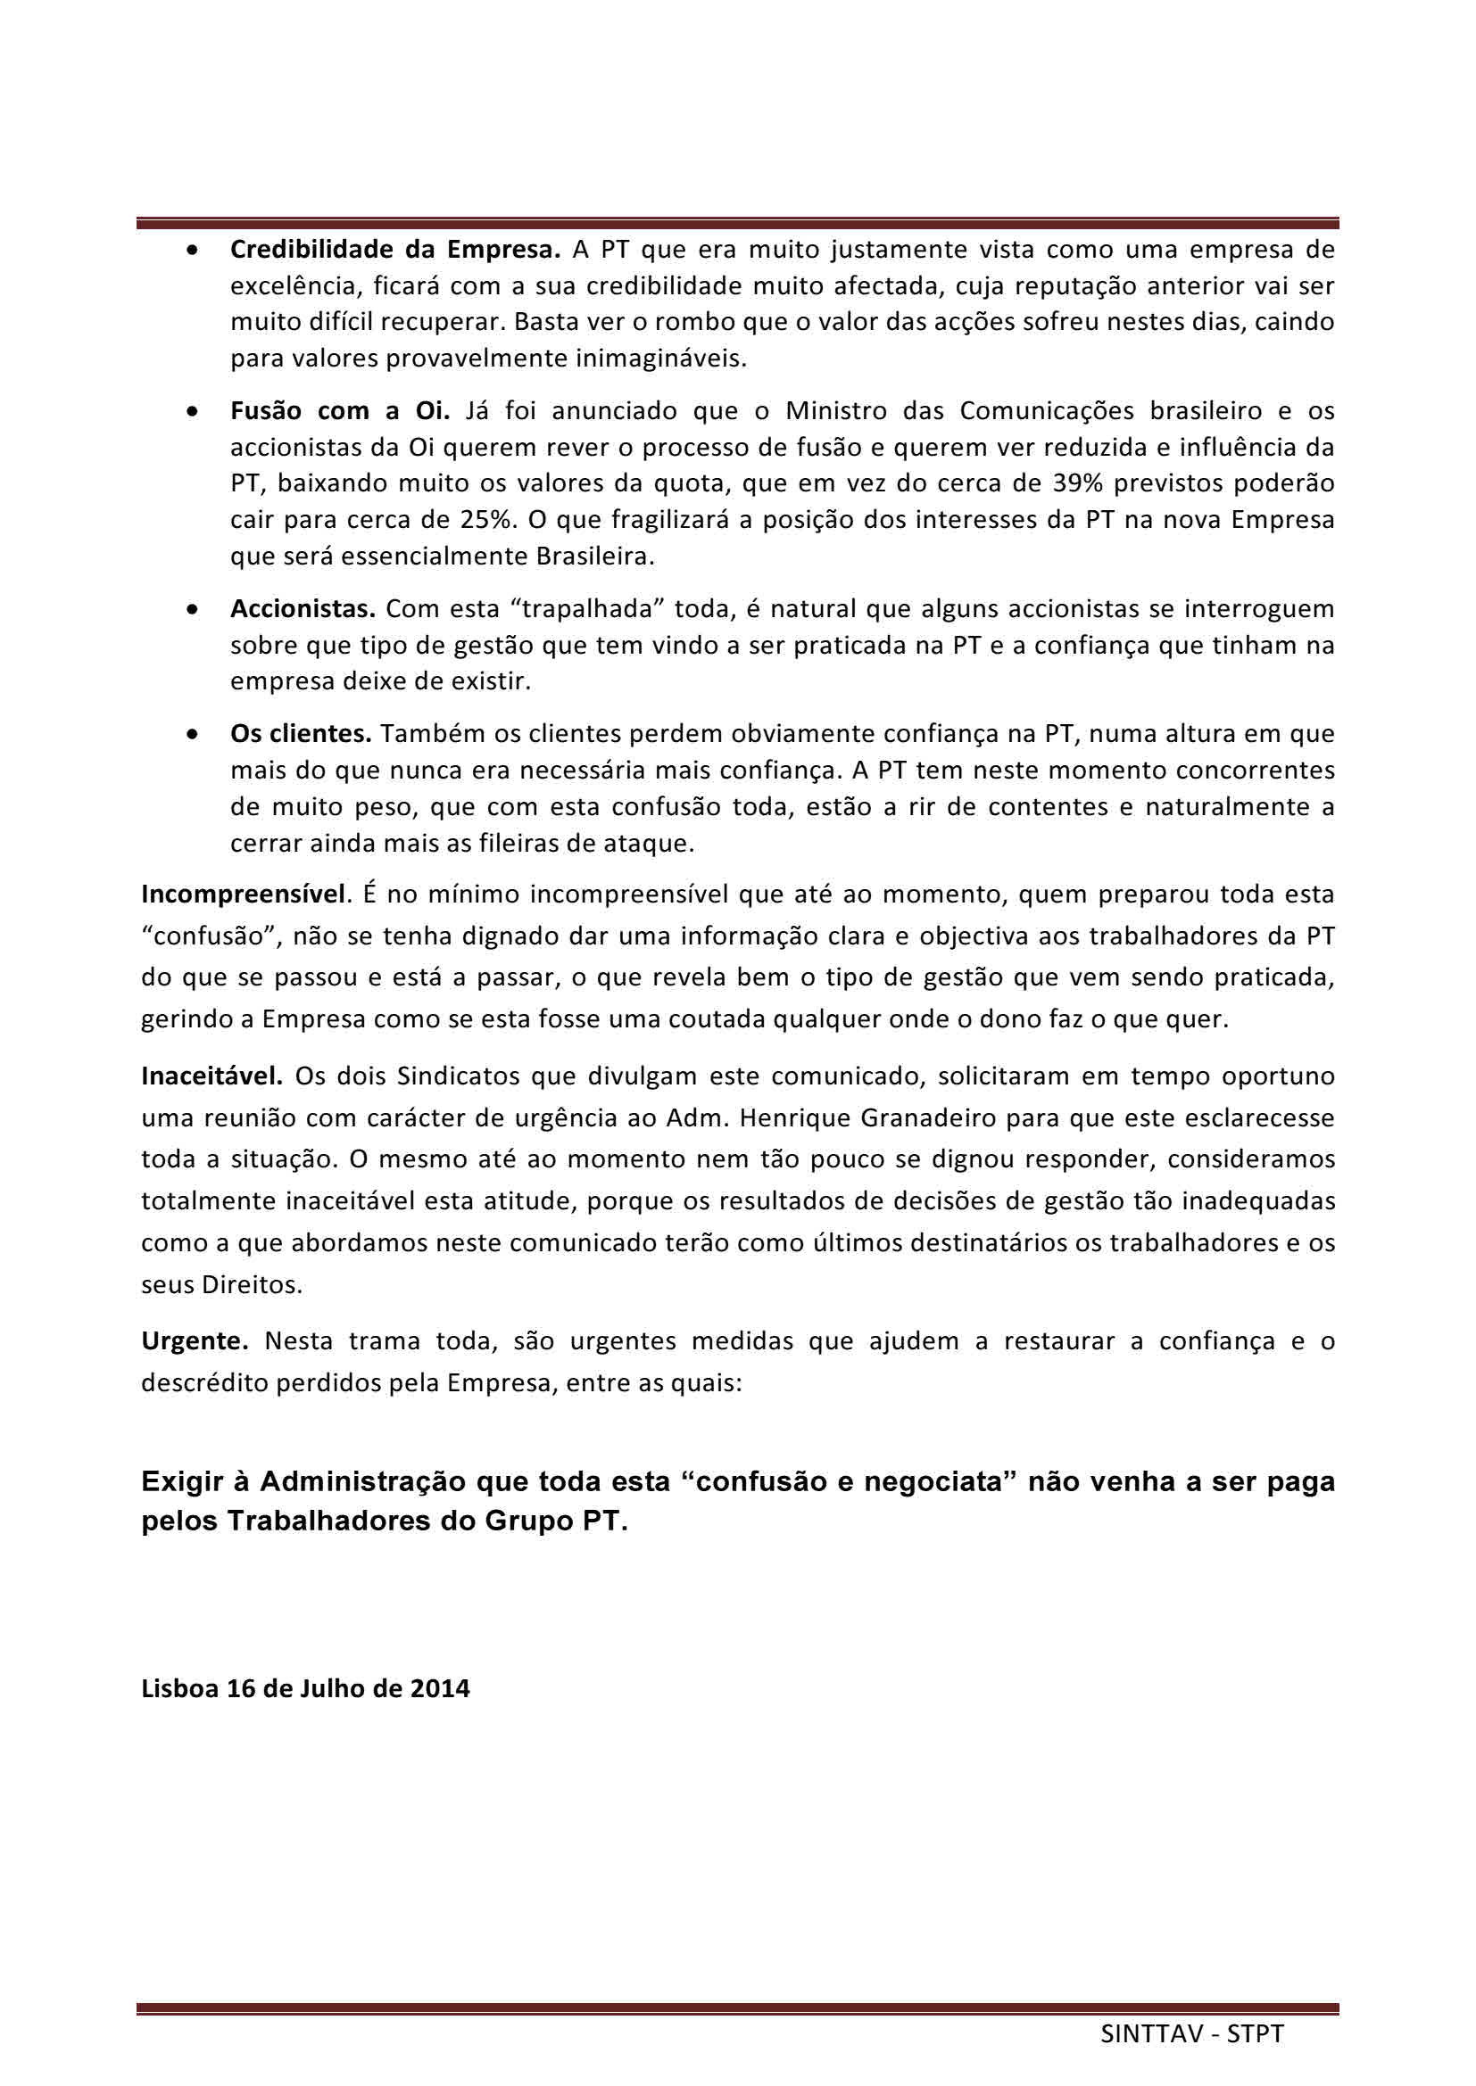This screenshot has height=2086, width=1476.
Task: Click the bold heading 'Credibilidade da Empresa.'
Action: (395, 249)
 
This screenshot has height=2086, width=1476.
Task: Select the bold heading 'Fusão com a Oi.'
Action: (340, 410)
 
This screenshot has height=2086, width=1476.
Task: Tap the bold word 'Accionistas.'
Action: (303, 608)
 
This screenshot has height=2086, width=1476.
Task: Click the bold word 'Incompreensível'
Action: (244, 894)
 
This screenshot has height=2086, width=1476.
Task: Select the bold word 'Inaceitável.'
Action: (212, 1076)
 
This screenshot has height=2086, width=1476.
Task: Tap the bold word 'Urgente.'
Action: (195, 1341)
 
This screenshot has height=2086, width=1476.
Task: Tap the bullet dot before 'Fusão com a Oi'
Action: (193, 411)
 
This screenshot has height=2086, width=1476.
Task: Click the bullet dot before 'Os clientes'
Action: (193, 734)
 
